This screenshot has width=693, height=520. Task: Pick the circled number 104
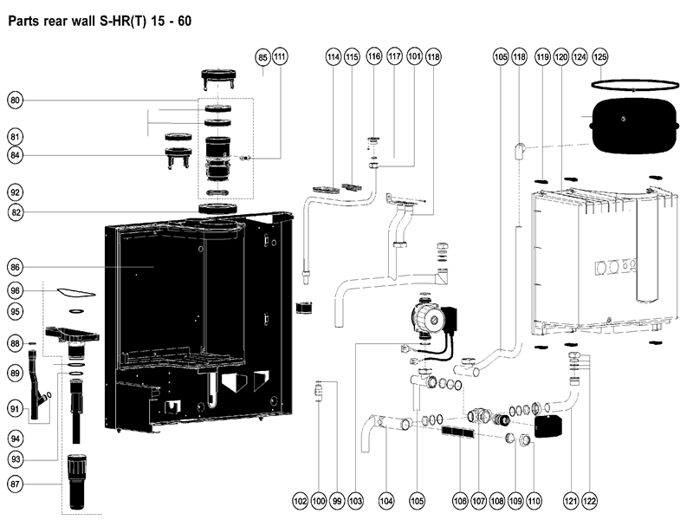tap(386, 501)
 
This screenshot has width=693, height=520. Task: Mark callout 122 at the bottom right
tap(591, 501)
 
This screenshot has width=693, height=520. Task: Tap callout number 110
tap(534, 501)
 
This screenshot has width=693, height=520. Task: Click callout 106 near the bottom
tap(460, 501)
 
